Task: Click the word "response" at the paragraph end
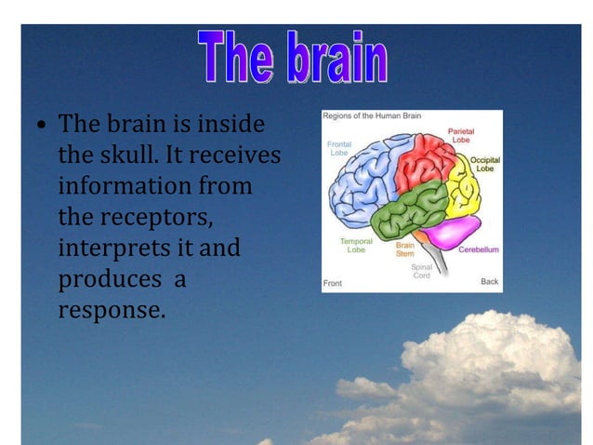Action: coord(111,310)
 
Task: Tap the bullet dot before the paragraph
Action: coord(42,124)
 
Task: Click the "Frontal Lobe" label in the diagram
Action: coord(339,148)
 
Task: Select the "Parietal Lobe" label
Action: coord(461,136)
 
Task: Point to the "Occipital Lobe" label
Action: coord(485,164)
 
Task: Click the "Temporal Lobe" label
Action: coord(356,245)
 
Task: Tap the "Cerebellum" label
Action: coord(478,249)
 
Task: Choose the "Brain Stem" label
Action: coord(405,249)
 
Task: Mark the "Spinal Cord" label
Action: coord(421,271)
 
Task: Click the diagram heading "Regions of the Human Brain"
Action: coord(372,115)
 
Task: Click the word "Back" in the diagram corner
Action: coord(489,281)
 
